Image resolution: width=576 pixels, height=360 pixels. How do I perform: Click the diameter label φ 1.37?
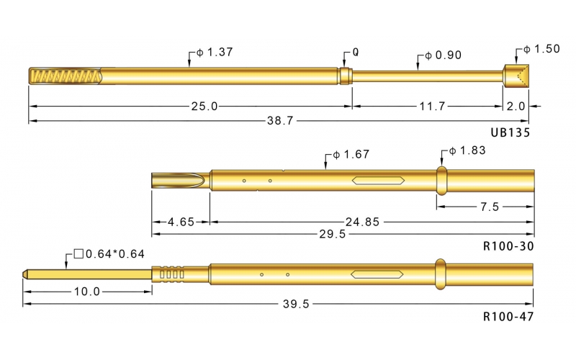215,53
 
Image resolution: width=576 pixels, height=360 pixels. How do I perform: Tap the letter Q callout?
356,54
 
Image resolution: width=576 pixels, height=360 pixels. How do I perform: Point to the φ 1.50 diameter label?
541,49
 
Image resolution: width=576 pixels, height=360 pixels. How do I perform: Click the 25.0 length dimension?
204,106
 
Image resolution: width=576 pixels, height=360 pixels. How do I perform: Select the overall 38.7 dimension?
279,121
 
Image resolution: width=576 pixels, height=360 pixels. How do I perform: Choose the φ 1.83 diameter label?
467,150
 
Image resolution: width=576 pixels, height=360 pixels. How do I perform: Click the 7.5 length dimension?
490,207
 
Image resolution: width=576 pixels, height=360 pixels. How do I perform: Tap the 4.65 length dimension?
180,222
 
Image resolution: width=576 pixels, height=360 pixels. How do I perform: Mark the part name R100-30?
508,245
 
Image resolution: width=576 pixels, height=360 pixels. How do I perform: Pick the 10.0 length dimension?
86,292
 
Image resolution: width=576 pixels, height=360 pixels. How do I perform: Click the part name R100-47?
508,315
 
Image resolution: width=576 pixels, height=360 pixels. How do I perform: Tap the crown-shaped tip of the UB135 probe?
516,76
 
